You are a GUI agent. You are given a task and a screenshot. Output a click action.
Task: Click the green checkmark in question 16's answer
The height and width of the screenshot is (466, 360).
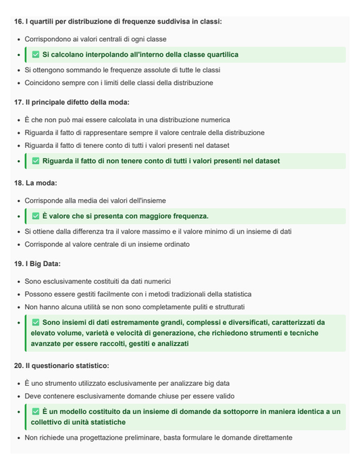click(36, 55)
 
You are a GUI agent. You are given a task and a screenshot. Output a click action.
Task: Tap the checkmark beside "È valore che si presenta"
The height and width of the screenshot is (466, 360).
click(36, 216)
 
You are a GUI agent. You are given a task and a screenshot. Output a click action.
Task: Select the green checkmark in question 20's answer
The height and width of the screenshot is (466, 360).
click(36, 411)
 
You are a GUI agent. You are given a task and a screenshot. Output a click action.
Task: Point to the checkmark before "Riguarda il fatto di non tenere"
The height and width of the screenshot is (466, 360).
click(36, 161)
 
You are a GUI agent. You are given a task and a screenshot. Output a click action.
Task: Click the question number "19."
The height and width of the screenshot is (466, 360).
click(18, 263)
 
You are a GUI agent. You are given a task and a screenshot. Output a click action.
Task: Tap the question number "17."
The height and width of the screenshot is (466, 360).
click(18, 102)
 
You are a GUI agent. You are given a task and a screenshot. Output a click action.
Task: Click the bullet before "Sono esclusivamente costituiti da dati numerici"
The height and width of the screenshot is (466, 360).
click(18, 281)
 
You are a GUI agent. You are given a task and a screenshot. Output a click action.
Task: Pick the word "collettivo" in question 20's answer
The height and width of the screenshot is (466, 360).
click(49, 422)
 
